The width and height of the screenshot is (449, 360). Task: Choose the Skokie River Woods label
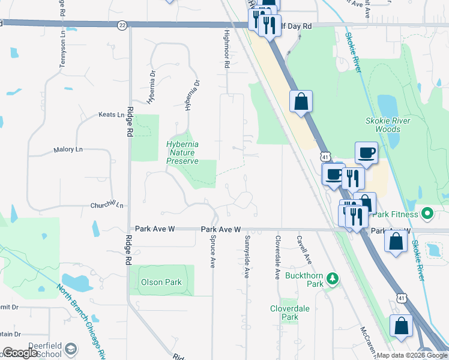pos(388,124)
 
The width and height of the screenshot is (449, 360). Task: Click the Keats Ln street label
pos(111,115)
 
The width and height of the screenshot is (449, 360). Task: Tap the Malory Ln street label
pos(68,150)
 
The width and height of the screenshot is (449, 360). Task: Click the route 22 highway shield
pos(122,25)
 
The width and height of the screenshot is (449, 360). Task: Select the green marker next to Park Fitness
pos(427,213)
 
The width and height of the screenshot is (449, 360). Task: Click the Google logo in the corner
pos(21,353)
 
